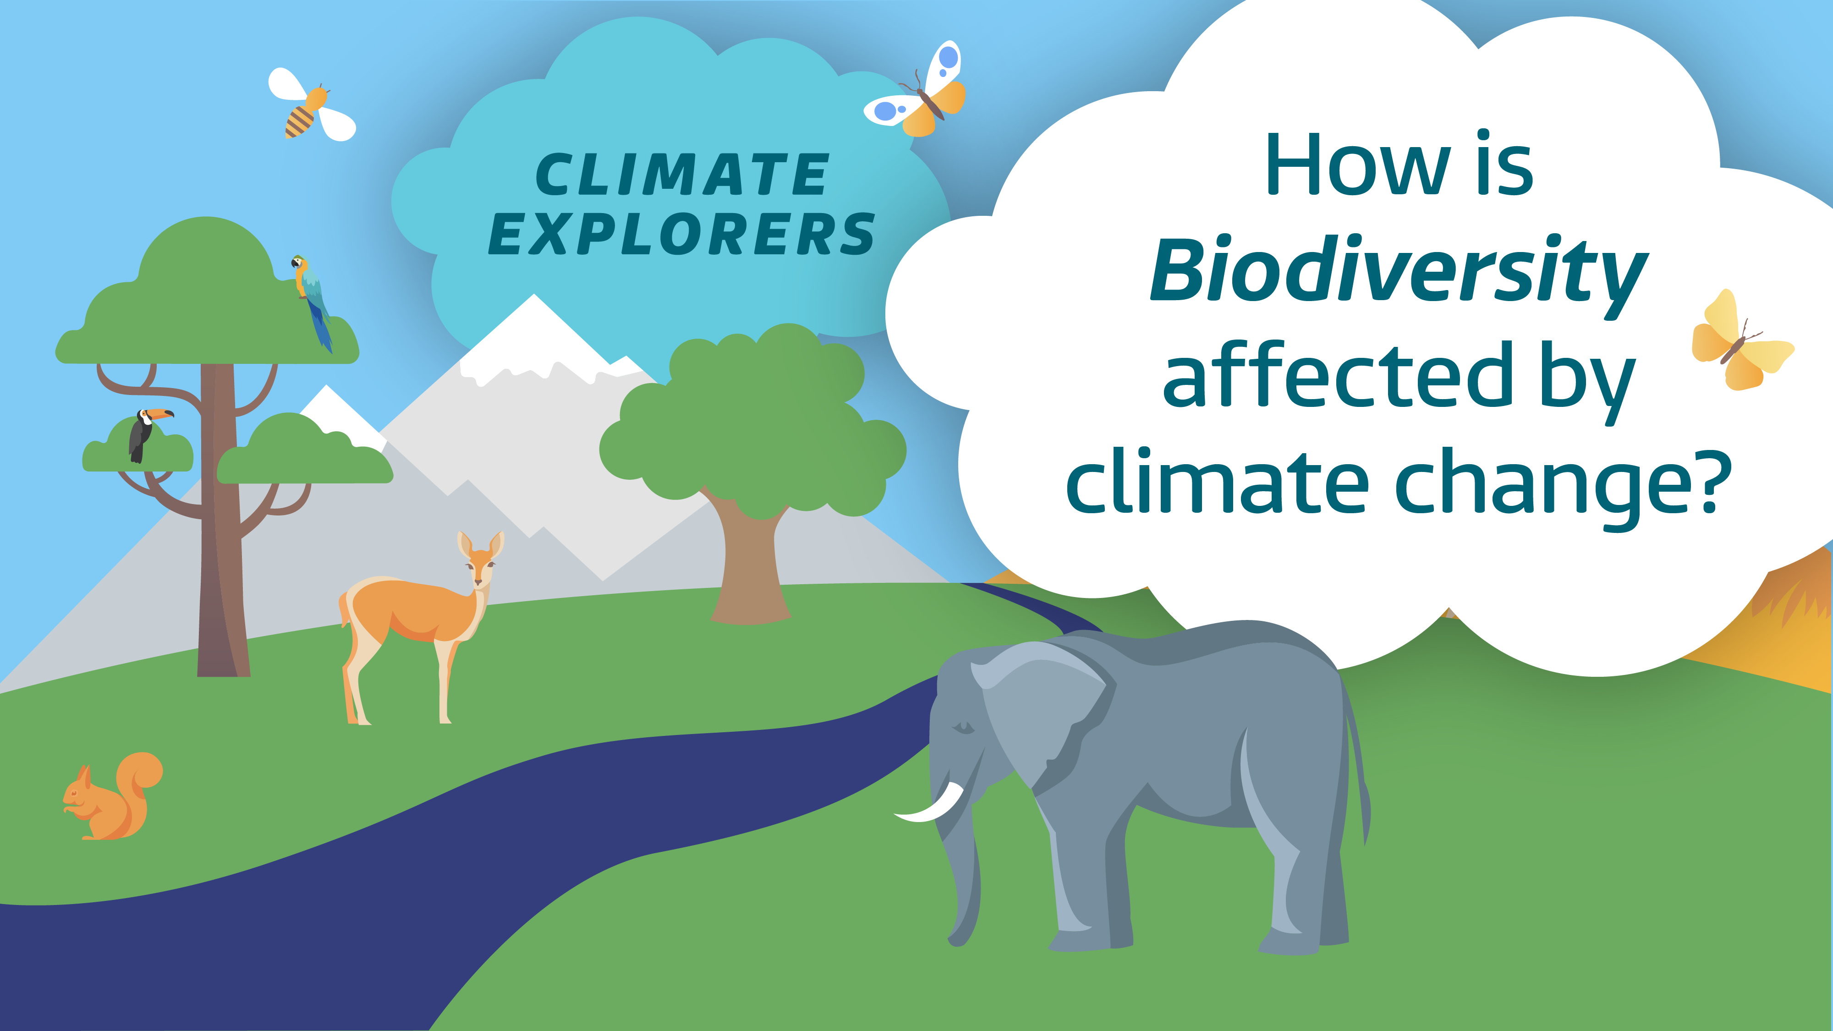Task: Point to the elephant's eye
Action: coord(963,727)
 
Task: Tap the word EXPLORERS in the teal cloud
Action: coord(682,234)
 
